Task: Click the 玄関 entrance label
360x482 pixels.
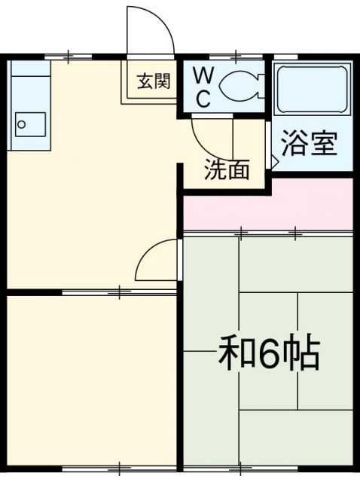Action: (154, 82)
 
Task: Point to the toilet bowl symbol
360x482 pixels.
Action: (240, 86)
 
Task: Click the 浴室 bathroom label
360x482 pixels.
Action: (309, 143)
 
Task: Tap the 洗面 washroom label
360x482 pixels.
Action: (227, 170)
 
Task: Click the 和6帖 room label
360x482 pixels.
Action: (269, 353)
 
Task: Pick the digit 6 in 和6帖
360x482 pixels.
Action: (270, 354)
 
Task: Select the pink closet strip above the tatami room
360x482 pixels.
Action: (267, 205)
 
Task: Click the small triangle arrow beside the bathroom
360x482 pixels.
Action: (274, 160)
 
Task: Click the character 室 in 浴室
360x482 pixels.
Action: (322, 143)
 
